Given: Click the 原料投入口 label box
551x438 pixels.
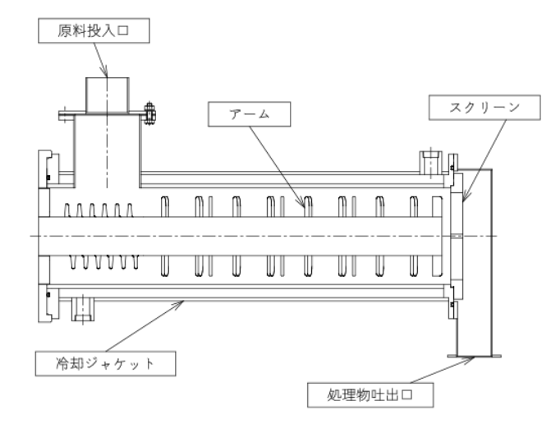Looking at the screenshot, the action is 94,30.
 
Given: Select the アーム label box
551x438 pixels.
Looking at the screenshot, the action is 249,114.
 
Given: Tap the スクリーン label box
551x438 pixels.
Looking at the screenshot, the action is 484,107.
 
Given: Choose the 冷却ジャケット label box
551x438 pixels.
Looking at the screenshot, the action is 105,363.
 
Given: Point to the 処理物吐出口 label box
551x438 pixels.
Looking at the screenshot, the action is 370,395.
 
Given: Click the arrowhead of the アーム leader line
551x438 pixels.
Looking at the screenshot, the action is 302,203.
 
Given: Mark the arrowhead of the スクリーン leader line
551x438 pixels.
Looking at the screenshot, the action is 465,197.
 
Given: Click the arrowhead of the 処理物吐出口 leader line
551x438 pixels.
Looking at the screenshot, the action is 470,359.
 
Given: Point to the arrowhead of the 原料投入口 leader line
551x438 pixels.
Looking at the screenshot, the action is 105,72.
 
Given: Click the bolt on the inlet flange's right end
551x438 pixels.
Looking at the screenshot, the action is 149,113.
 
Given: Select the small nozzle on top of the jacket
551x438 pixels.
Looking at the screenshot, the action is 431,163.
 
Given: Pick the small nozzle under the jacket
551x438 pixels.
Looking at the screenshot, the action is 83,309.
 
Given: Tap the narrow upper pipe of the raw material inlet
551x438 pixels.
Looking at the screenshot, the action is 108,95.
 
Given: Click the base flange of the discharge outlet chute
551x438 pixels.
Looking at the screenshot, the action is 475,356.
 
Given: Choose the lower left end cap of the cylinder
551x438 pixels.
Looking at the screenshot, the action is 48,303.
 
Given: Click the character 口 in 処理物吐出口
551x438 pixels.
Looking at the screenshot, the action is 407,394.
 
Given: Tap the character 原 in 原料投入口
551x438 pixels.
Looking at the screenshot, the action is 65,30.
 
